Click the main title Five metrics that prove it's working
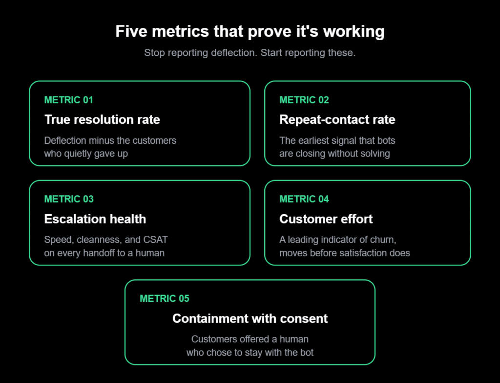click(250, 32)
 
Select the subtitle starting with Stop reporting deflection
click(250, 53)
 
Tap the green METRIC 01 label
click(68, 100)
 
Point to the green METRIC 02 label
click(304, 100)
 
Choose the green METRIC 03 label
click(69, 199)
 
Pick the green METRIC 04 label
click(304, 199)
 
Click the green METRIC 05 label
click(165, 299)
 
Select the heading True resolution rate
click(102, 119)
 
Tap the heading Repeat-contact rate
click(337, 119)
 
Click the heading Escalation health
click(95, 219)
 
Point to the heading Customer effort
click(326, 219)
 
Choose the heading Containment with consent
click(250, 318)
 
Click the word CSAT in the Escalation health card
click(155, 240)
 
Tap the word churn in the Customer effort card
click(385, 240)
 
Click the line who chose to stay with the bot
click(250, 352)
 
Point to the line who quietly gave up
click(86, 154)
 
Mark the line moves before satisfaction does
click(345, 253)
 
